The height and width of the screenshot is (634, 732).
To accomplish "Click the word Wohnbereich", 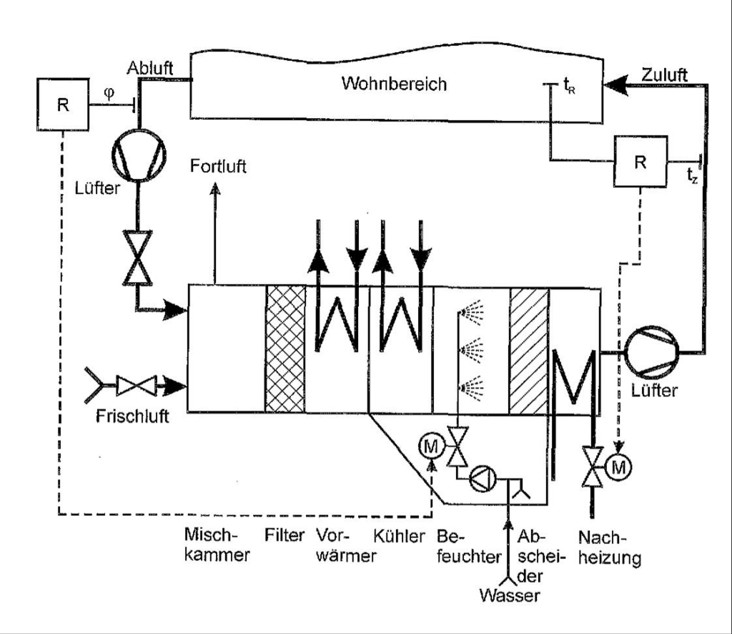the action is pos(394,84).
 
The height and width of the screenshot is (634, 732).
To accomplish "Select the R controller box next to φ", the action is pos(63,104).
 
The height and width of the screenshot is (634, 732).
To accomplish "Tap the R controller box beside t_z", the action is pos(640,162).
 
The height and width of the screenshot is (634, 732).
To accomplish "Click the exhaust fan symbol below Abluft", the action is pos(139,155).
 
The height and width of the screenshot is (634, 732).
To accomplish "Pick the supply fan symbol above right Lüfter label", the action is pos(652,352).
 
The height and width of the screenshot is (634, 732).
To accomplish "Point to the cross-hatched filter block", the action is pos(285,349).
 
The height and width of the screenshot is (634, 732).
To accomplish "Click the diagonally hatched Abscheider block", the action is pos(529,351).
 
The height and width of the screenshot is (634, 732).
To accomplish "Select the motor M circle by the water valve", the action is pos(430,447).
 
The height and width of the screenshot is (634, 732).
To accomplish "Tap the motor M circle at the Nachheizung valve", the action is pos(618,467).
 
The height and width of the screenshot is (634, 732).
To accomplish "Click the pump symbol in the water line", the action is pos(483,479).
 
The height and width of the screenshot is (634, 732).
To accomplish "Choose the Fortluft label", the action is pos(218,166).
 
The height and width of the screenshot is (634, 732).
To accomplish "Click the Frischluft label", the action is pos(132,416).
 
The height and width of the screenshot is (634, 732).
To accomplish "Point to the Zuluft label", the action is pos(664,74).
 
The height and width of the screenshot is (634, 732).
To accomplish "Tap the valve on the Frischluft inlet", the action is pos(136,386).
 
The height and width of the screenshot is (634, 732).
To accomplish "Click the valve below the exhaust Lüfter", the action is pos(137,258).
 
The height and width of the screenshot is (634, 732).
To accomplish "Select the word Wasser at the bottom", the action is pos(509,595).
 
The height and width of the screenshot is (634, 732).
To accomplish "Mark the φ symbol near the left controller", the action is pos(109,94).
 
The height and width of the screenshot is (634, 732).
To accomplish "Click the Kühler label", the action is pos(399,537).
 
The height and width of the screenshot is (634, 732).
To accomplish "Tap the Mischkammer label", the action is pos(217,545).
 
